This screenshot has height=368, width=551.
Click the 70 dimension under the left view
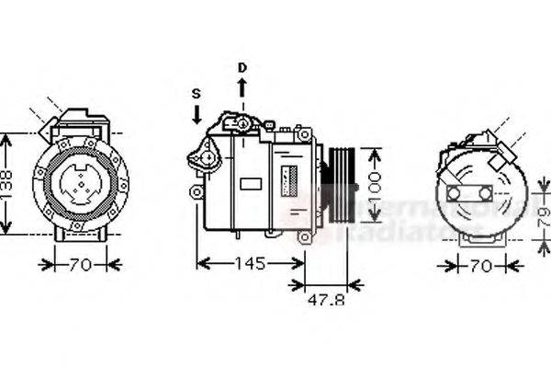pyautogui.click(x=82, y=265)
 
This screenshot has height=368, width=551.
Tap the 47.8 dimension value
pyautogui.click(x=325, y=299)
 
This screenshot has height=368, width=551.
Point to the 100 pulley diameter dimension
pyautogui.click(x=375, y=183)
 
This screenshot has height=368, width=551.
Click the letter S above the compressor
pyautogui.click(x=196, y=94)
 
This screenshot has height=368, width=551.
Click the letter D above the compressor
pyautogui.click(x=242, y=67)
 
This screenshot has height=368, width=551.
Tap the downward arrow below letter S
pyautogui.click(x=196, y=115)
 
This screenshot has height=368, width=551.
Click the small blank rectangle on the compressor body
pyautogui.click(x=251, y=183)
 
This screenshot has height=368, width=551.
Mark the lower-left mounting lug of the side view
pyautogui.click(x=197, y=191)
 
